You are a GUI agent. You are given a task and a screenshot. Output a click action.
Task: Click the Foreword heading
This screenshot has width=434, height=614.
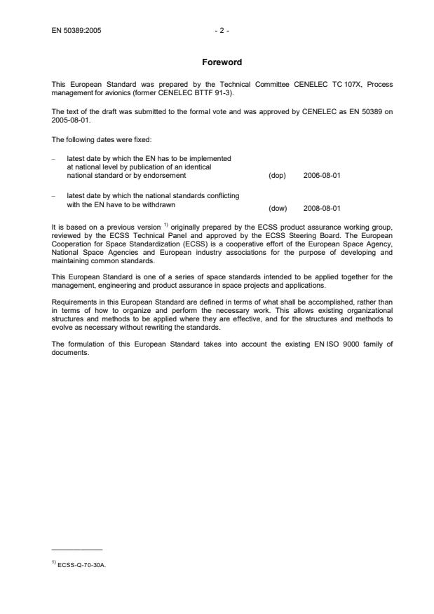217,62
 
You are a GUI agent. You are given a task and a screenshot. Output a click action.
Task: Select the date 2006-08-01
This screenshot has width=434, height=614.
322,175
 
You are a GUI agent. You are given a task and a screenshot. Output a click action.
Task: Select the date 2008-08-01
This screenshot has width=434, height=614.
322,208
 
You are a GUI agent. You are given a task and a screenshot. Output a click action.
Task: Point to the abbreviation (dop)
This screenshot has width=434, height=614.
277,175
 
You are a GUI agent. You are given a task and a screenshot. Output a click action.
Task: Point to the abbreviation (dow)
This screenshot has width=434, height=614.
278,208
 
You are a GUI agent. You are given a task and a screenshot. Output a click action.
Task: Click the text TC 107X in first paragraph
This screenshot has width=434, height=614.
330,85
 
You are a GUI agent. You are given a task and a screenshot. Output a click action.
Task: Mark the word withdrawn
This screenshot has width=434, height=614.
159,204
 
